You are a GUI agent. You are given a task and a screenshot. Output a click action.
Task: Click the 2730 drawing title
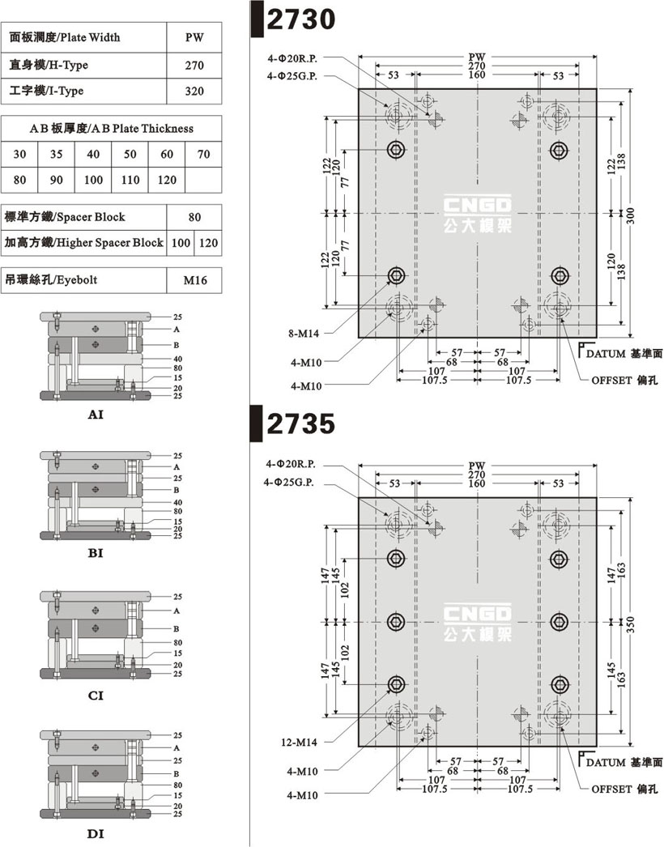coord(301,19)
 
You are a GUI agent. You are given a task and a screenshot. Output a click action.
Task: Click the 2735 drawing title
coord(301,423)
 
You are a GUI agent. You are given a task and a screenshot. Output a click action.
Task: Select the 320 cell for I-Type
coord(194,92)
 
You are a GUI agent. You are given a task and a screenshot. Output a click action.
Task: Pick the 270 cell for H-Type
coord(194,66)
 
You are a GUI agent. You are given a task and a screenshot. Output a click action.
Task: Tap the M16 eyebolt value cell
coord(194,280)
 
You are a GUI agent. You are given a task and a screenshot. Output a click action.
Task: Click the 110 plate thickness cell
coord(130,180)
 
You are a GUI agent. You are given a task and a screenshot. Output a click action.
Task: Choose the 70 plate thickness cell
coord(204,155)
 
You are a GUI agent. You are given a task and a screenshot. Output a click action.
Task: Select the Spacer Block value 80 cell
coord(194,217)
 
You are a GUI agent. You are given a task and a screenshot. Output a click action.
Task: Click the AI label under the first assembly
coord(96,415)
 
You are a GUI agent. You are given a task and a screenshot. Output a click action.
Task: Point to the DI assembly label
coord(96,834)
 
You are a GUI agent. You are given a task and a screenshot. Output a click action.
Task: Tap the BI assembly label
coord(96,553)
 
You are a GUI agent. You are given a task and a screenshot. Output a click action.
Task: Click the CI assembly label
coord(96,696)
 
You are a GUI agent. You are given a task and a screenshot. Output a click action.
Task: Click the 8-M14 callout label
coord(304,334)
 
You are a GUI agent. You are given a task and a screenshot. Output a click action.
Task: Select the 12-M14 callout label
coord(299,743)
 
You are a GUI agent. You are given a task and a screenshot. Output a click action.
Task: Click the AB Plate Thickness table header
coord(111,129)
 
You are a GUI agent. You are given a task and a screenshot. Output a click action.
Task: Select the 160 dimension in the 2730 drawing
coord(476,75)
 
